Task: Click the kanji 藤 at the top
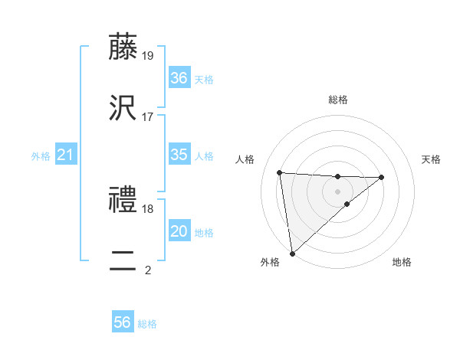click(x=124, y=47)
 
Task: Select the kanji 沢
click(x=124, y=108)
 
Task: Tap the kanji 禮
click(x=124, y=200)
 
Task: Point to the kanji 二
click(x=124, y=261)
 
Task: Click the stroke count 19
click(x=148, y=55)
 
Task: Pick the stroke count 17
click(x=148, y=116)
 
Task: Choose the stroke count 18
click(x=148, y=208)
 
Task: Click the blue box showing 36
click(x=179, y=78)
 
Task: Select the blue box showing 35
click(x=179, y=155)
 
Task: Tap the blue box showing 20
click(x=179, y=231)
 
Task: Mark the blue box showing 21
click(x=66, y=155)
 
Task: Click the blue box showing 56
click(x=123, y=322)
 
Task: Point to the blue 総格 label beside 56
click(x=147, y=324)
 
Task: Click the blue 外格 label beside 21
click(x=41, y=156)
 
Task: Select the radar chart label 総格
click(x=338, y=100)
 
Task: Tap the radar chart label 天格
click(x=432, y=159)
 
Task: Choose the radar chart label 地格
click(x=402, y=262)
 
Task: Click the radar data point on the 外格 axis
click(x=292, y=253)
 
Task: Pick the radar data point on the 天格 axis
click(x=382, y=177)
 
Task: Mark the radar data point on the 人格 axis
click(x=280, y=172)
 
